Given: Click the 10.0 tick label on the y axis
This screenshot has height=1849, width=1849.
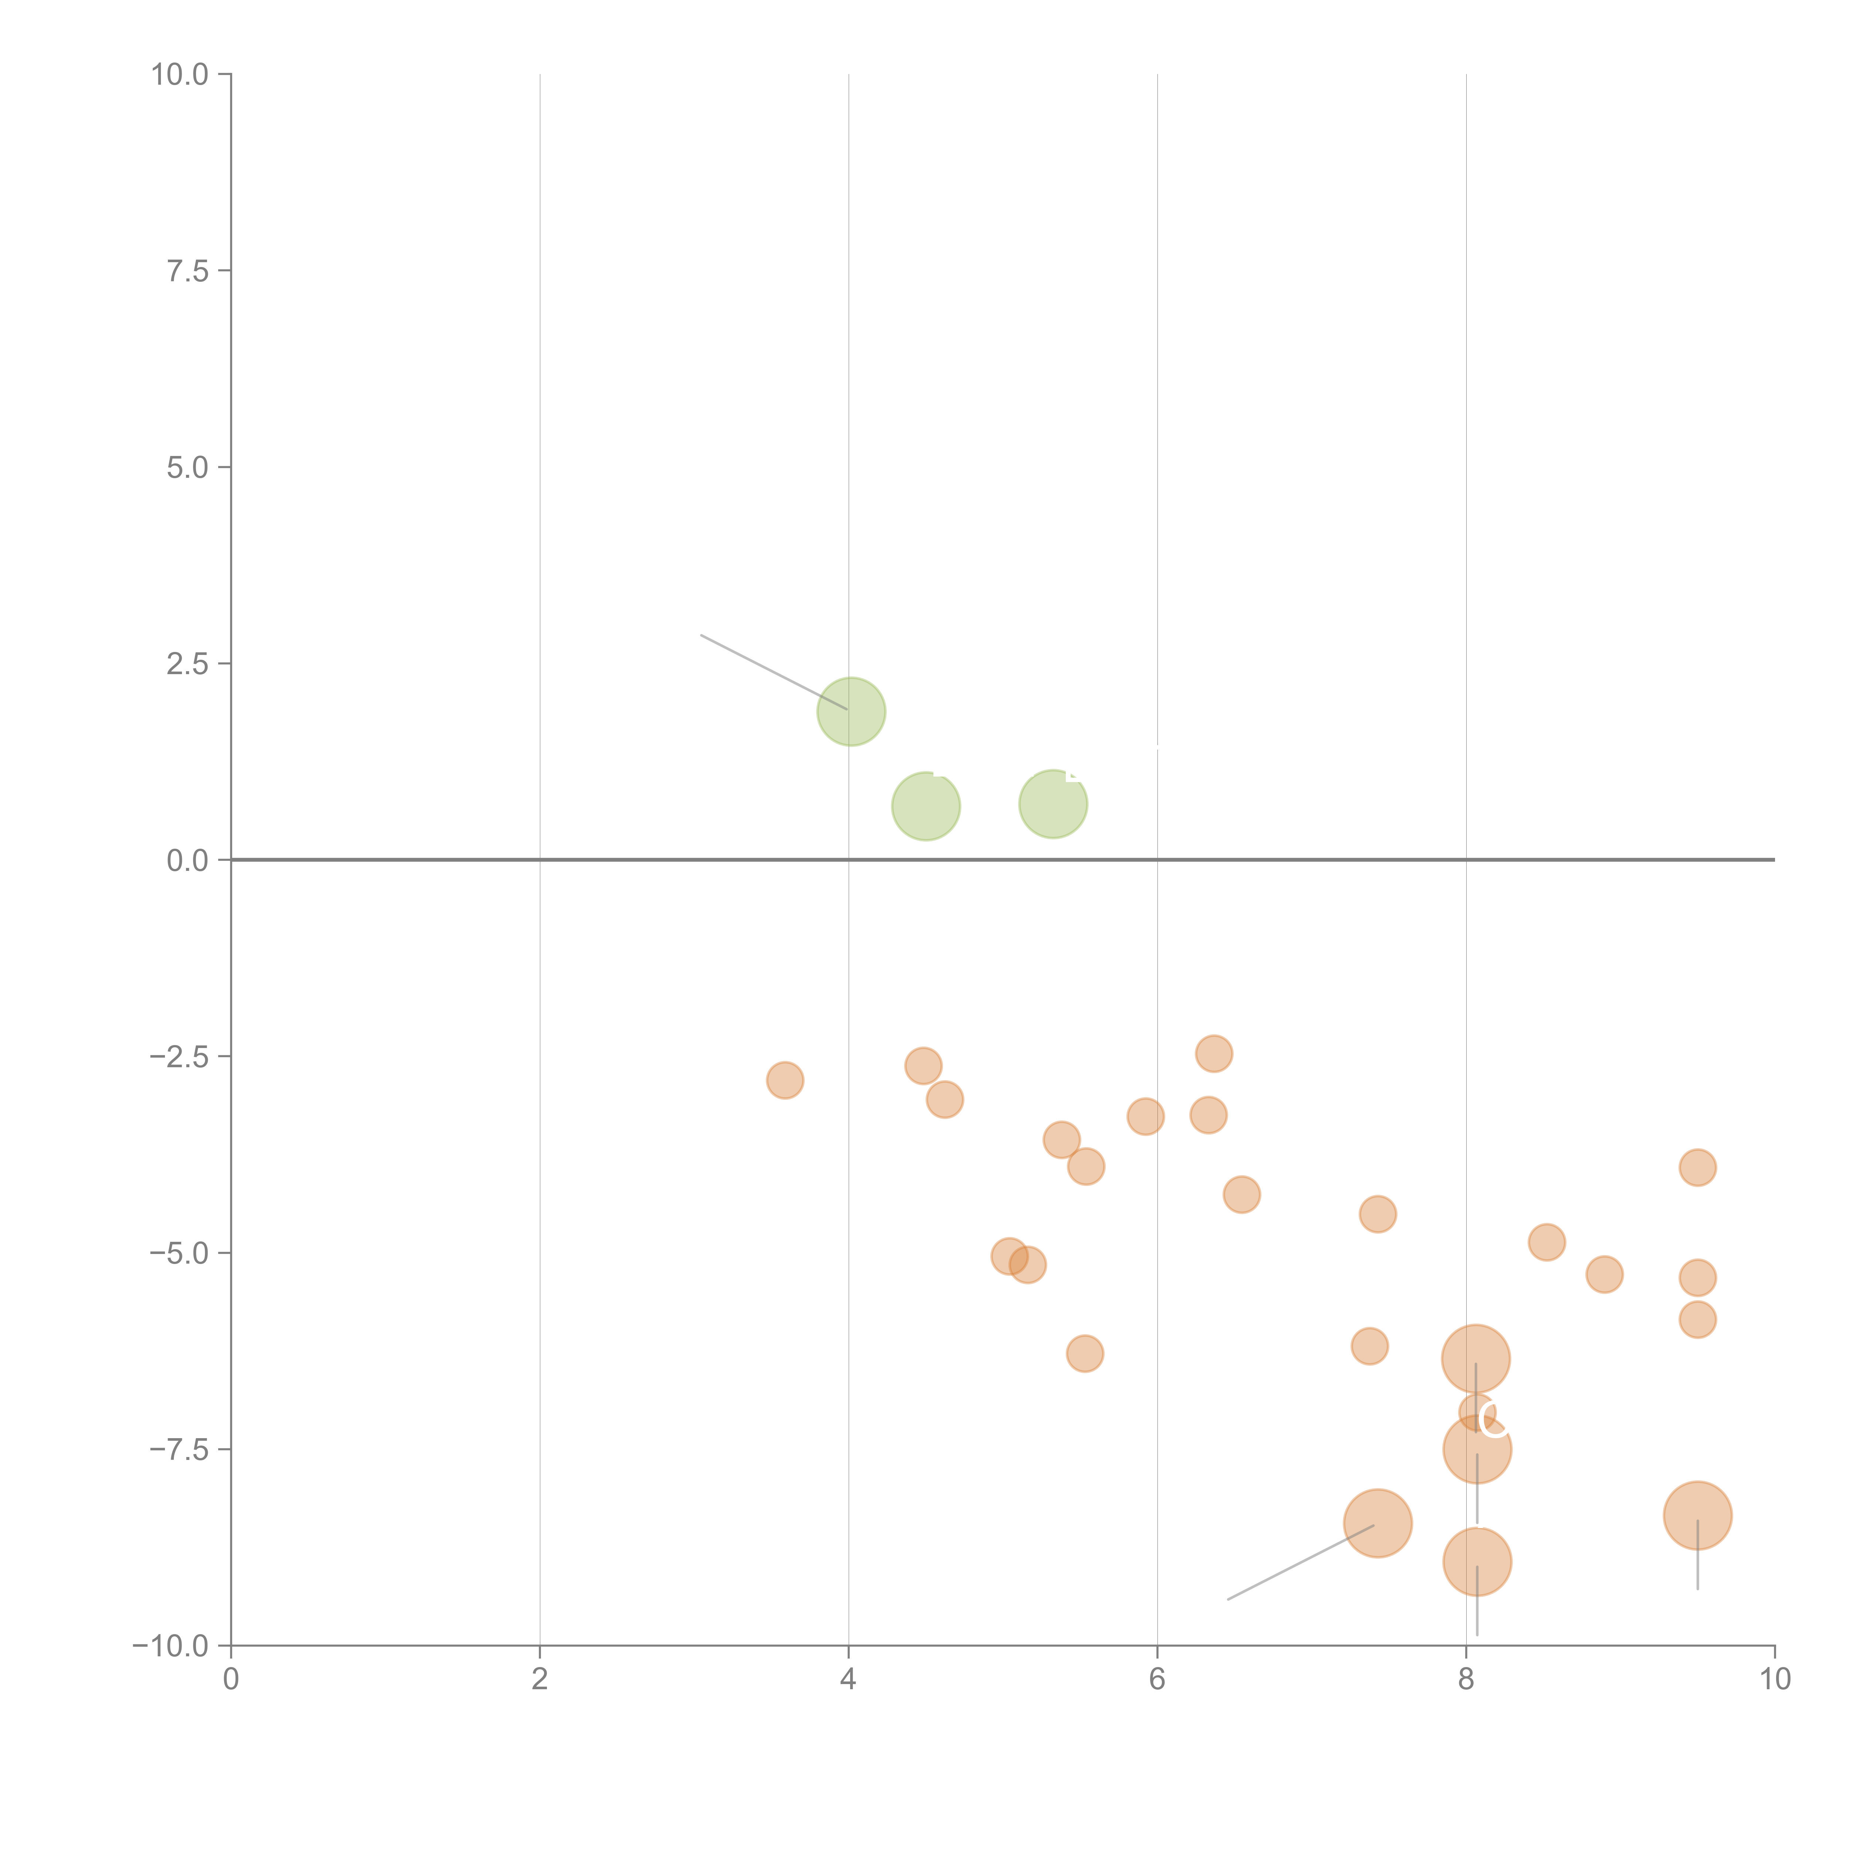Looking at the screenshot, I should tap(180, 75).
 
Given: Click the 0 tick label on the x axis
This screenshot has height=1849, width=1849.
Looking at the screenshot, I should tap(231, 1680).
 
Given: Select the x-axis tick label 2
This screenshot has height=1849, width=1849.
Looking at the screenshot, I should tap(540, 1680).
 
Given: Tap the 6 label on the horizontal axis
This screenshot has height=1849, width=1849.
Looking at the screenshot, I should tap(1157, 1680).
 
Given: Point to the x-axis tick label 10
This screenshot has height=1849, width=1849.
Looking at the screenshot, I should tap(1774, 1680).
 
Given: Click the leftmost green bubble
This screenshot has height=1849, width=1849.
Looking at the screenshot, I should tap(851, 711).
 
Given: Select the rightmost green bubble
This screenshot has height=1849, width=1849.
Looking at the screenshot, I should tap(1053, 804).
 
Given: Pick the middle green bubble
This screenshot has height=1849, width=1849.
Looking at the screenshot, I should tap(926, 806).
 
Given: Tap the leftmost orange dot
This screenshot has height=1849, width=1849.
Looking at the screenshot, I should tap(785, 1081).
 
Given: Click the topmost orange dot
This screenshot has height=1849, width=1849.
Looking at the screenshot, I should tap(1214, 1054).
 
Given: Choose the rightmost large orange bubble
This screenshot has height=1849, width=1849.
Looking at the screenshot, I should tap(1697, 1515).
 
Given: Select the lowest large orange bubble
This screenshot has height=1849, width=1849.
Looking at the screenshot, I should tap(1477, 1562).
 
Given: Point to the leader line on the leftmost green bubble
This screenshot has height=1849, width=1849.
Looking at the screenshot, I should tap(773, 672).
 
